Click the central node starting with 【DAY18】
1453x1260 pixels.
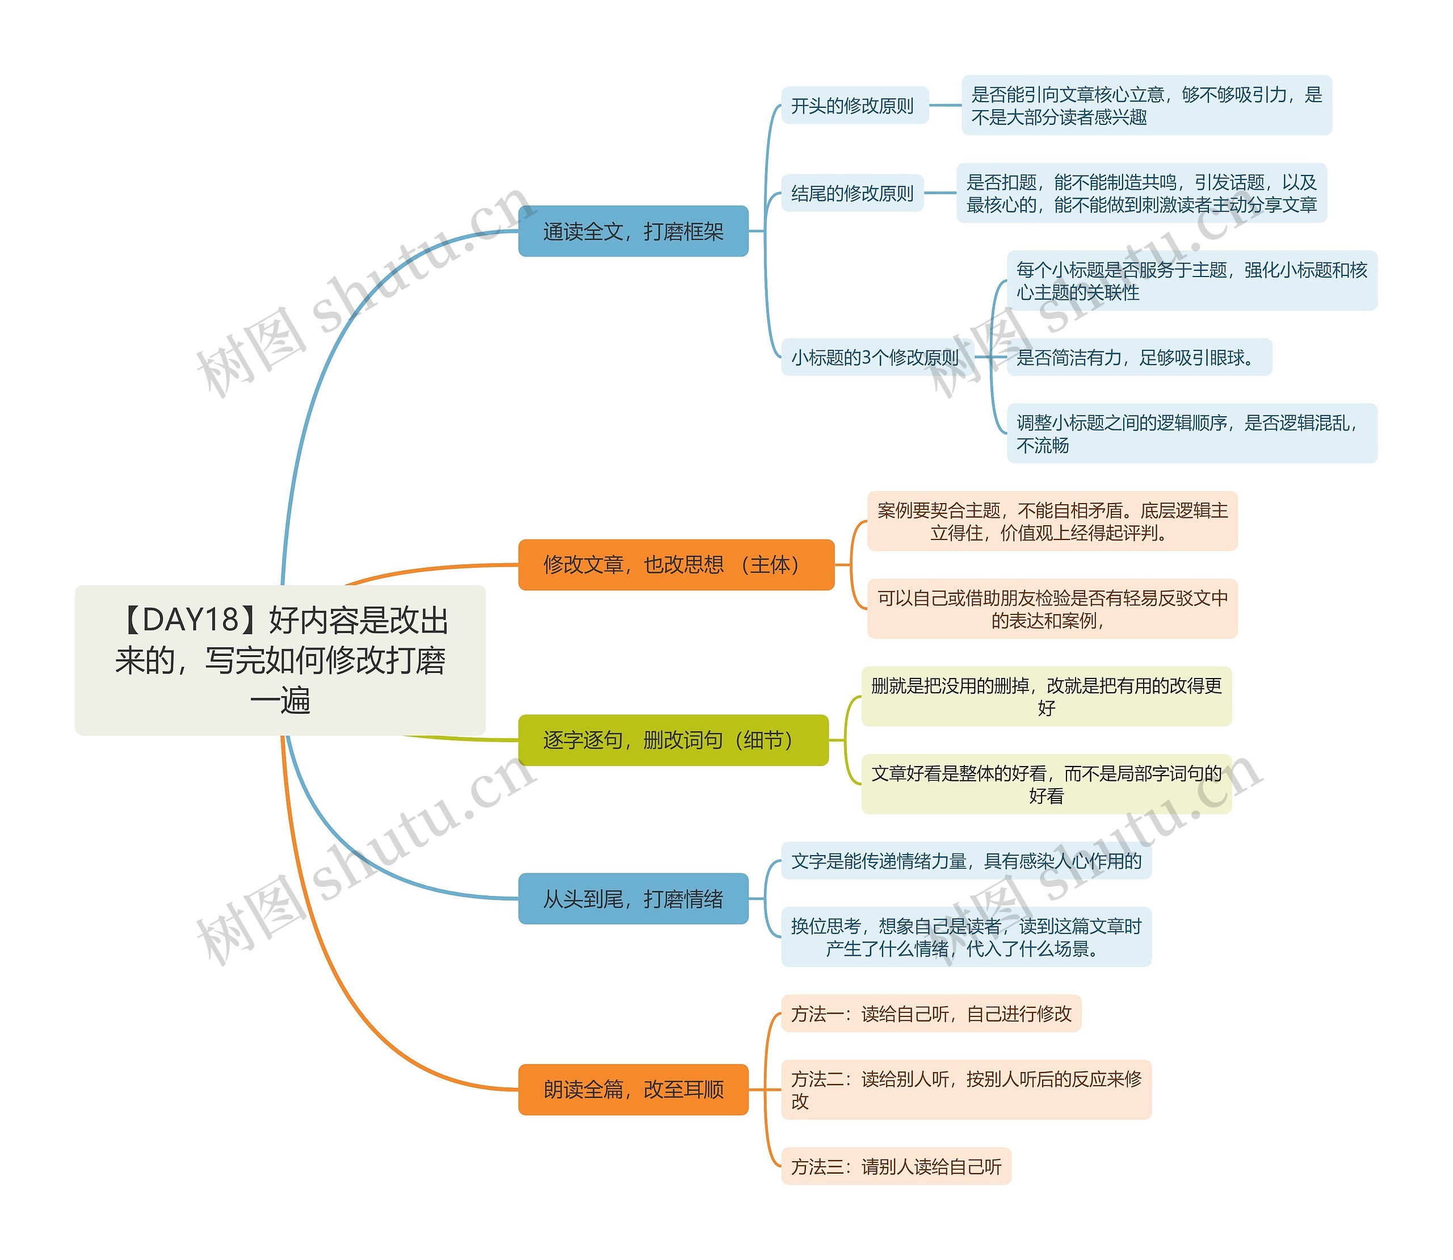(280, 660)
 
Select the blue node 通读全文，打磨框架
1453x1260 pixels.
(633, 231)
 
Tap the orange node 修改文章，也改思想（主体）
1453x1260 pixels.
(675, 564)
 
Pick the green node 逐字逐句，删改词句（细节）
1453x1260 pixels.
(673, 740)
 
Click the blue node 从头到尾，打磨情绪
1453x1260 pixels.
(633, 899)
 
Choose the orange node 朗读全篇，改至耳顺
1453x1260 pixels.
(633, 1089)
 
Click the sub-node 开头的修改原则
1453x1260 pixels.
(854, 106)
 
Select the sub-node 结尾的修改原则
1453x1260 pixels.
(852, 194)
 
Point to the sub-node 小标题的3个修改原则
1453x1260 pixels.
(875, 357)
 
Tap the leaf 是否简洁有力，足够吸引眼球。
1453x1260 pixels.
(1138, 357)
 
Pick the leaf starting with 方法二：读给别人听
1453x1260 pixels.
(966, 1089)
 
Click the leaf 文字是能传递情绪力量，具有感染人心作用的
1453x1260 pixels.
(966, 861)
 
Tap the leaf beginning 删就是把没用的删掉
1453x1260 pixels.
(1046, 696)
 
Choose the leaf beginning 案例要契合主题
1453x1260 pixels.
(1052, 521)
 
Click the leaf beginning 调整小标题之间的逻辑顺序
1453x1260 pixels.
(1191, 433)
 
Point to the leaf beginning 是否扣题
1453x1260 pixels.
(1141, 194)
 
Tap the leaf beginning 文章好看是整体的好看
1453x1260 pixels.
(1046, 784)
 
